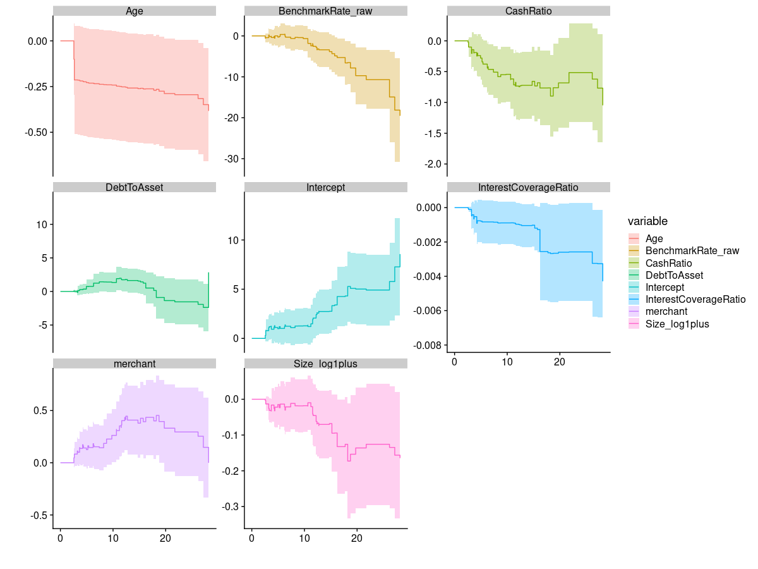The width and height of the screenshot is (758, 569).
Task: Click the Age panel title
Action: tap(135, 11)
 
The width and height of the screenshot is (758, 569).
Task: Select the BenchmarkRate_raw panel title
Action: tap(326, 11)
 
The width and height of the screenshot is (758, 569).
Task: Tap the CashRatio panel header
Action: tap(529, 11)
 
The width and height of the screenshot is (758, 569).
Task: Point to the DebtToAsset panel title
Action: tap(135, 187)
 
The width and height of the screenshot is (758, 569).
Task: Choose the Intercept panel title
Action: tap(326, 187)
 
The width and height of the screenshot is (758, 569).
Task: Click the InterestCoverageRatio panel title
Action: tap(529, 187)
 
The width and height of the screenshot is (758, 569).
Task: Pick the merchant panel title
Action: tap(135, 364)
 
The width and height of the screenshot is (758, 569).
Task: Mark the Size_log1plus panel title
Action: tap(326, 364)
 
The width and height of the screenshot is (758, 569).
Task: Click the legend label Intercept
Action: tap(663, 287)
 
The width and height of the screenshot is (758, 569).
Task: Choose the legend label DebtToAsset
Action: tap(674, 275)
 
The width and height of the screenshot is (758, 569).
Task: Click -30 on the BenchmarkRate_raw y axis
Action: tap(231, 158)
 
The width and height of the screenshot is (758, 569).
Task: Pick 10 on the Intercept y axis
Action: tap(234, 240)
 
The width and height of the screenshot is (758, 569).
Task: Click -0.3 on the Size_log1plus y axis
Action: tap(232, 506)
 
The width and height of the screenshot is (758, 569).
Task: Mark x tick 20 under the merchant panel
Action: tap(166, 538)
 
